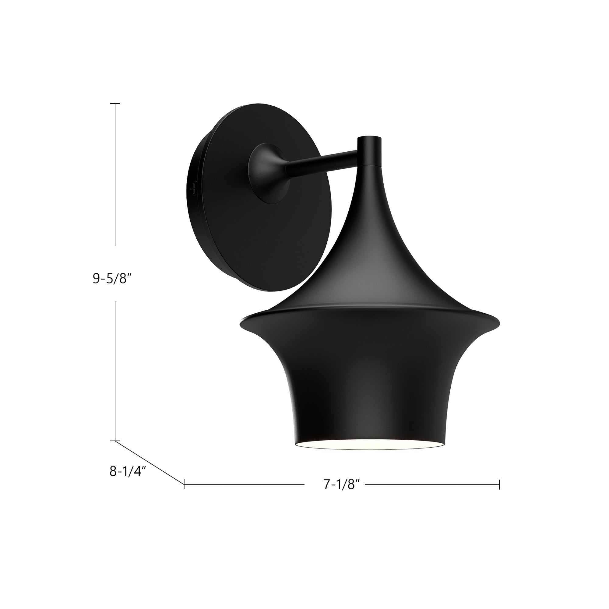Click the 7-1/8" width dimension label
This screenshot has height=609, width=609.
click(x=342, y=494)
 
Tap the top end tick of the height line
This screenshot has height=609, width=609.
click(x=115, y=104)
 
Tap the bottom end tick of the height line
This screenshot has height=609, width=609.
click(x=115, y=441)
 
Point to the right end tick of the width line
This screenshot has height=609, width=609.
click(x=499, y=493)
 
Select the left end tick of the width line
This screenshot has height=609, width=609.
click(x=184, y=493)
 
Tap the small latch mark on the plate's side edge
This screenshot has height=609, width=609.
click(x=192, y=188)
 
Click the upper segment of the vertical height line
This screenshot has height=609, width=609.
click(x=115, y=173)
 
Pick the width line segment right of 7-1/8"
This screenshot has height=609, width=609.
click(x=432, y=493)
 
